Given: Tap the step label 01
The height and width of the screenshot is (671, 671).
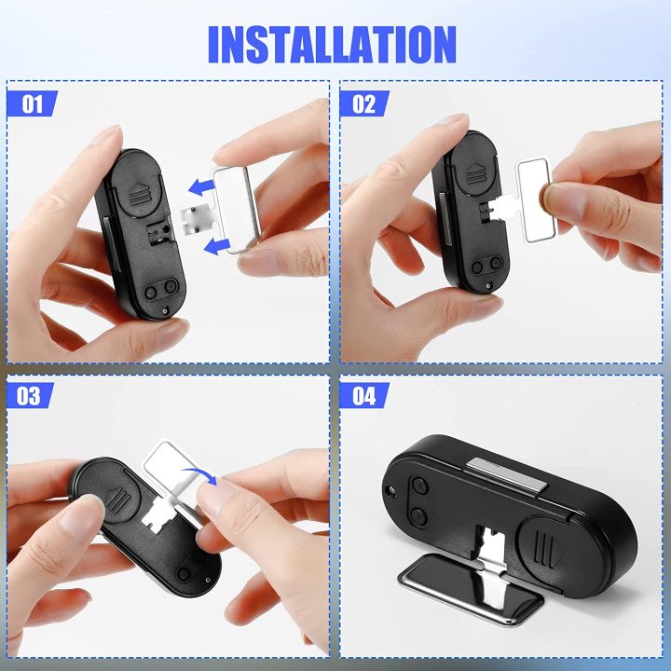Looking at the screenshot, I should click(32, 103).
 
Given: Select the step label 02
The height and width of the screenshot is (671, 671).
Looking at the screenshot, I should click(363, 103).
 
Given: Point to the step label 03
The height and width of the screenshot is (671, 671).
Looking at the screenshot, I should click(30, 395).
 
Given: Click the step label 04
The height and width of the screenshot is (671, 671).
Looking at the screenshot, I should click(363, 395).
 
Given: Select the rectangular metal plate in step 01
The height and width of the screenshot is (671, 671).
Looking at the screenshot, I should click(243, 210).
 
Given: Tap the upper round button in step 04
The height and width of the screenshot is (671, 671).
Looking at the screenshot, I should click(418, 486).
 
